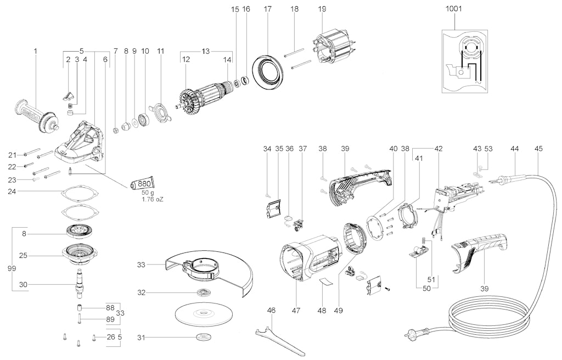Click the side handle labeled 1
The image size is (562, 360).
[x=37, y=115]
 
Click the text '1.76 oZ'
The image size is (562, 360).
[x=153, y=199]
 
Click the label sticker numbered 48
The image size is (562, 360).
[x=325, y=281]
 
